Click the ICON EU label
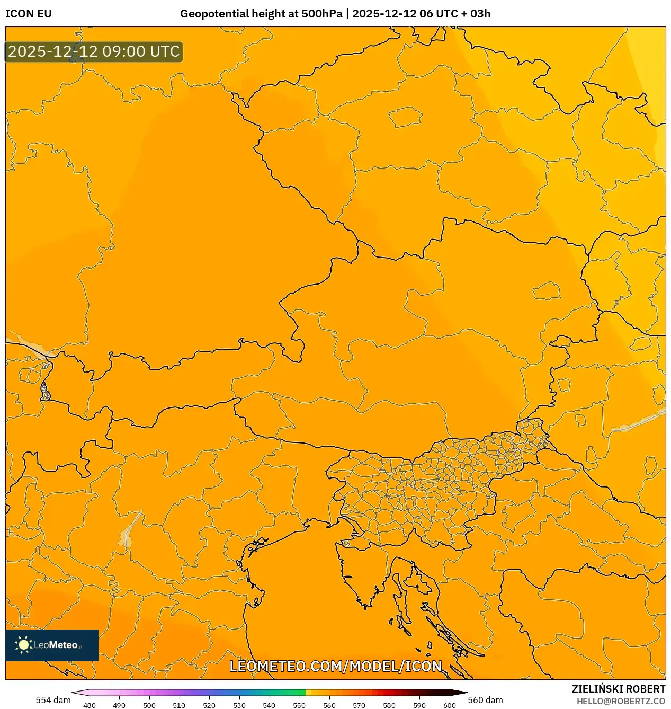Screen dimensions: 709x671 pyautogui.click(x=29, y=14)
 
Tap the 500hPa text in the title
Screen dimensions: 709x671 pyautogui.click(x=321, y=14)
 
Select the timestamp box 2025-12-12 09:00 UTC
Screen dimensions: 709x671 pyautogui.click(x=94, y=51)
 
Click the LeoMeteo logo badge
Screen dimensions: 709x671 pyautogui.click(x=52, y=645)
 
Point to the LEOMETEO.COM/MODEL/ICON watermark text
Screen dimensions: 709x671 pyautogui.click(x=335, y=666)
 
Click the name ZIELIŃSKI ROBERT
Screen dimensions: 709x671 pyautogui.click(x=618, y=689)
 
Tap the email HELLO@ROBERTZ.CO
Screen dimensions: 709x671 pyautogui.click(x=621, y=701)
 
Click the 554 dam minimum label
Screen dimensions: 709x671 pyautogui.click(x=53, y=700)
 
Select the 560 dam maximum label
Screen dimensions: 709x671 pyautogui.click(x=485, y=700)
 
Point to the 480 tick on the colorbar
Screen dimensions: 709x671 pyautogui.click(x=90, y=705)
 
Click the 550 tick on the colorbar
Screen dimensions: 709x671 pyautogui.click(x=299, y=705)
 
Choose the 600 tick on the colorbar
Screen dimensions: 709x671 pyautogui.click(x=449, y=705)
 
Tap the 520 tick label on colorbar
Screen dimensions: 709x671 pyautogui.click(x=209, y=705)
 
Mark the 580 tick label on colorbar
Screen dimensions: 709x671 pyautogui.click(x=389, y=705)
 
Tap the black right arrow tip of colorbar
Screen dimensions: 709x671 pyautogui.click(x=464, y=693)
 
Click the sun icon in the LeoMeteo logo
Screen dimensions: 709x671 pyautogui.click(x=23, y=645)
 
